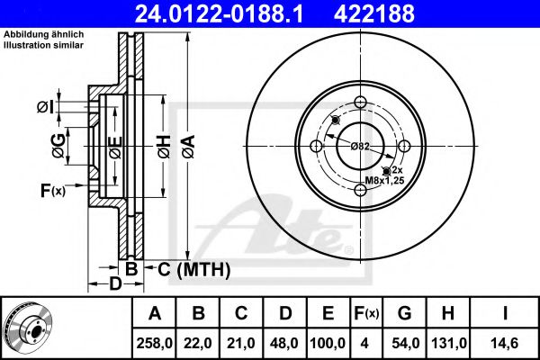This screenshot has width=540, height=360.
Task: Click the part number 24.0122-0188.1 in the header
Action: pos(219,14)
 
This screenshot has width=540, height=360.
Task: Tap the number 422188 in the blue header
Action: pos(374,14)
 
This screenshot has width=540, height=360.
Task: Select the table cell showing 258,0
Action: pos(154,343)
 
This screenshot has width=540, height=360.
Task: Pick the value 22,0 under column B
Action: pos(198,343)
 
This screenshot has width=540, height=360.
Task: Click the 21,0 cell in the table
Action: pos(241,343)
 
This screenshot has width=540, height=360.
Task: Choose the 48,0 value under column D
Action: pos(284,343)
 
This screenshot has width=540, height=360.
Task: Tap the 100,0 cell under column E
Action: pos(328,343)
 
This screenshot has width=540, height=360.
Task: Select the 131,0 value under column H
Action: pos(449,343)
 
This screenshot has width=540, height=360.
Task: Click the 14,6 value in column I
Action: pos(505,343)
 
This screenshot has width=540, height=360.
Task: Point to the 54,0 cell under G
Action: pos(405,343)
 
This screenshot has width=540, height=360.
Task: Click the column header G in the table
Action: pos(405,313)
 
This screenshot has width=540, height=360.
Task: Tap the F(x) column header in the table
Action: pos(366,313)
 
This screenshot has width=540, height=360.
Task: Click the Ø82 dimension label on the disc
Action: pos(360,147)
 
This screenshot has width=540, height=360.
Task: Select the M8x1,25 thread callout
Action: pos(384,180)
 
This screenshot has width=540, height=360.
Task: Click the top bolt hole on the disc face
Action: pos(360,102)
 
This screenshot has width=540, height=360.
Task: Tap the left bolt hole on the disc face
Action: pos(316,146)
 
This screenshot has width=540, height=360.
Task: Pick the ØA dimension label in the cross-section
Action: pos(189,147)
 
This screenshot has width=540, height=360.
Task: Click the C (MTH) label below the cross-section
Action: pos(193,269)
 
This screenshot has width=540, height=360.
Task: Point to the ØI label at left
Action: pos(46,107)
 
